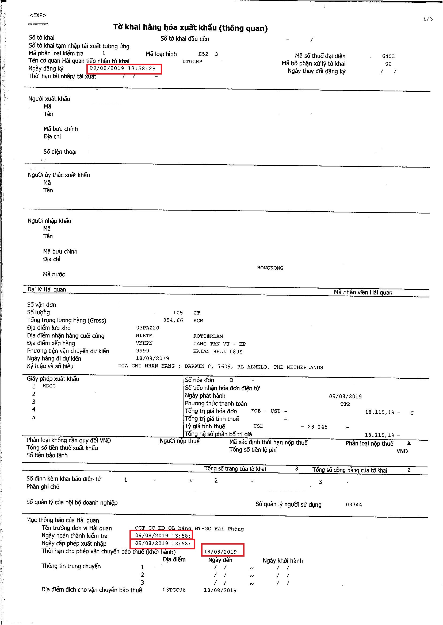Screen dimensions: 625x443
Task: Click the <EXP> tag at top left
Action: [38, 15]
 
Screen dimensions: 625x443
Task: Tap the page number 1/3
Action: [428, 19]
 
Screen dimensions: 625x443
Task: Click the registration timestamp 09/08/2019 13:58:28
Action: [123, 69]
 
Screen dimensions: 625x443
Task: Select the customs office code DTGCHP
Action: [192, 61]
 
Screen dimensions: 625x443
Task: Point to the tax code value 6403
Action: [388, 56]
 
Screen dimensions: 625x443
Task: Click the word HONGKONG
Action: [270, 268]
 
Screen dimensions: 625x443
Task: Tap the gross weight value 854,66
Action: [173, 320]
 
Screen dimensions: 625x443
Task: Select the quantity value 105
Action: [178, 313]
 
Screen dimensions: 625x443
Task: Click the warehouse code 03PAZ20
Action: [148, 328]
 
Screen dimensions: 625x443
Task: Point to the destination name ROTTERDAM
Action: [208, 336]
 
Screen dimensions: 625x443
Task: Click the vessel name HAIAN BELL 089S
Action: [218, 351]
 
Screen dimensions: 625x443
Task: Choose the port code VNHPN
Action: [144, 343]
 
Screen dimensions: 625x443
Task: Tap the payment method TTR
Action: [345, 404]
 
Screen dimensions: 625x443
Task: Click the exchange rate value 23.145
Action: [317, 427]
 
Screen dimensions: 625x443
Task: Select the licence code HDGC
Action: [49, 386]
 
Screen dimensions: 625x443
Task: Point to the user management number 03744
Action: [354, 504]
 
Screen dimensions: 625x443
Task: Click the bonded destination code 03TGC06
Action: [174, 590]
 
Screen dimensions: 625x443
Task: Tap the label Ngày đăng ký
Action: [46, 69]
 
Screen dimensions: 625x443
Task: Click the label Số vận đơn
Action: [41, 305]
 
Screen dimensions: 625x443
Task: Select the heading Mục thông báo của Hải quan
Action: [63, 520]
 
